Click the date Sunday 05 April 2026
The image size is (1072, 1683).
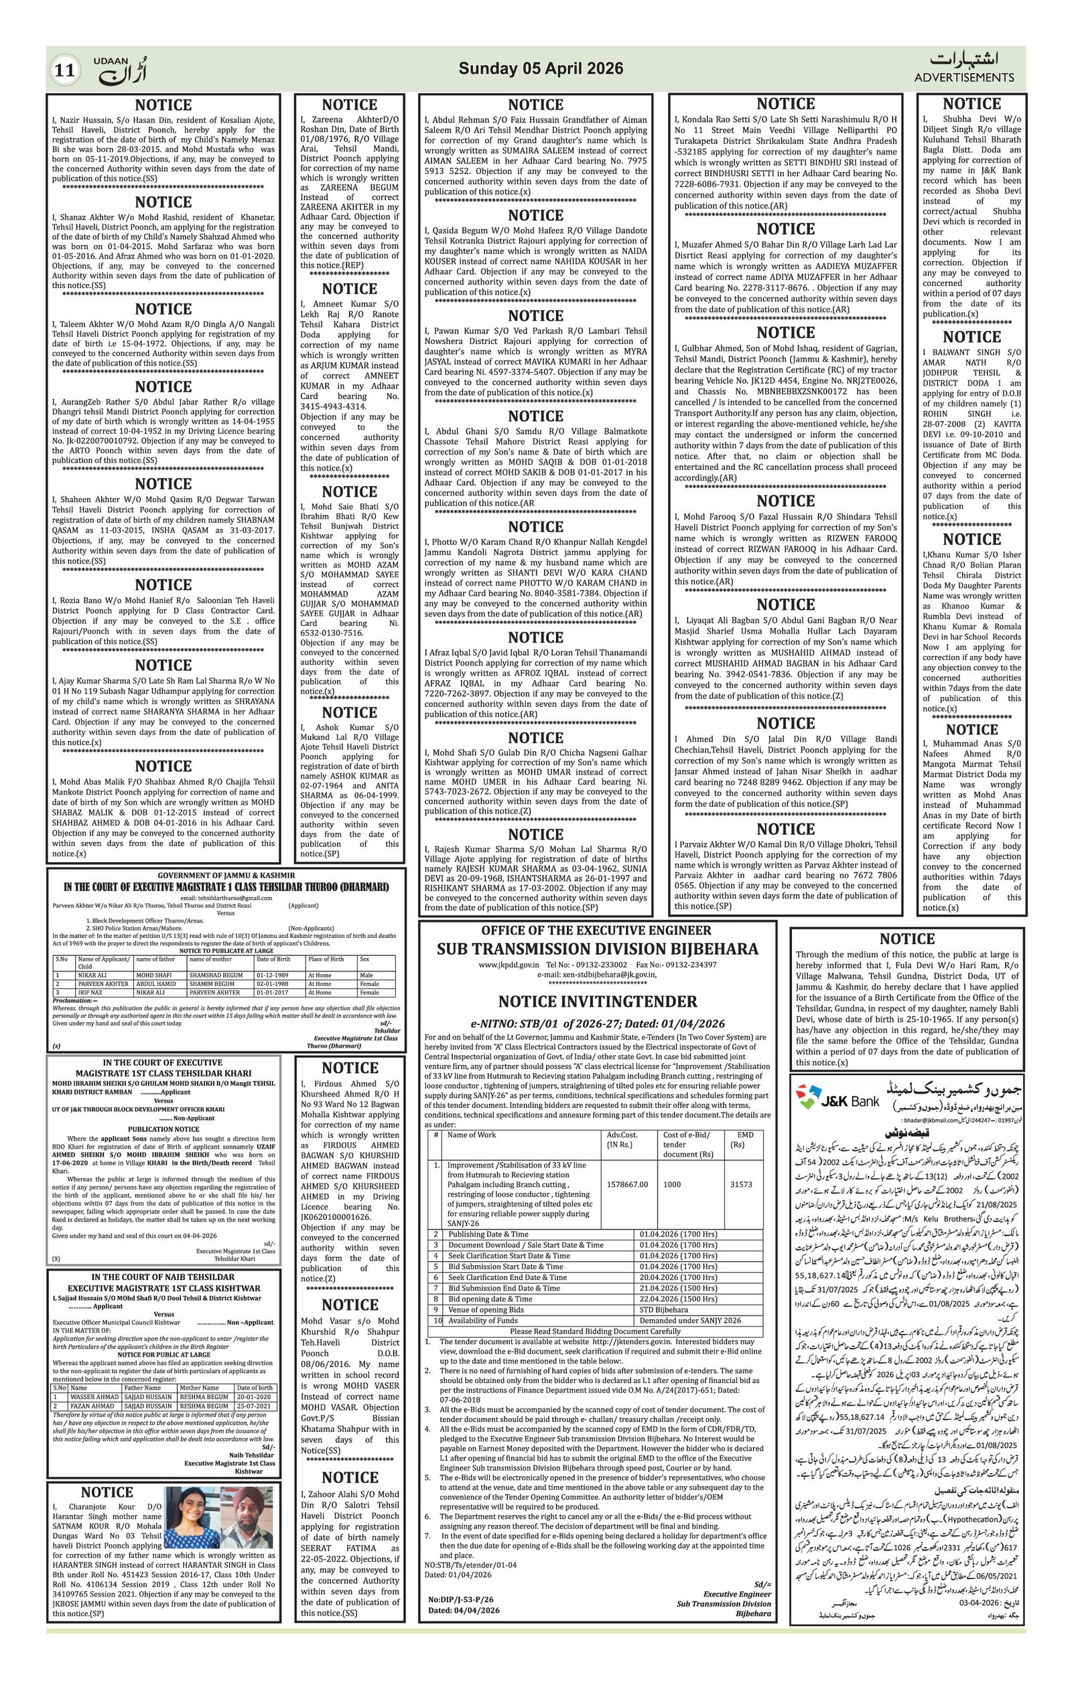[541, 68]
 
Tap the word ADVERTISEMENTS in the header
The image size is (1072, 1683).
[964, 77]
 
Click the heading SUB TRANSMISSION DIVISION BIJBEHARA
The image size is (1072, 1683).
[597, 949]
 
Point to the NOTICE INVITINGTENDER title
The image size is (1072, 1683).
[597, 1001]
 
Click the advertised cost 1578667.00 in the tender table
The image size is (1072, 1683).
[628, 1184]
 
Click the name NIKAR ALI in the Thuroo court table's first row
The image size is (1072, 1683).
[92, 974]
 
